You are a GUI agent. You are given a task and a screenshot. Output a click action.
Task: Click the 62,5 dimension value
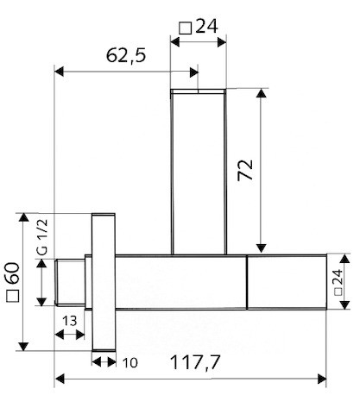126,55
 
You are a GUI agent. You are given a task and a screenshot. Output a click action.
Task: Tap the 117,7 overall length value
195,362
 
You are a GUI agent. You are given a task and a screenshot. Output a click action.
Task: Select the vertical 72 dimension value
245,170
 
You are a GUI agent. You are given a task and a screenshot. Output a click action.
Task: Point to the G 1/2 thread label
42,237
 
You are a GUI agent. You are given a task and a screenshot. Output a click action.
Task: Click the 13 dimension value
69,321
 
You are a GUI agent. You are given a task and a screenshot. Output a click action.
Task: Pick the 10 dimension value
130,363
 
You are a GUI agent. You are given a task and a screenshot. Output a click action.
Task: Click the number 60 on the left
13,273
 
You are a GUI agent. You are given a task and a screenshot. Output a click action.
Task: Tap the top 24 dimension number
206,26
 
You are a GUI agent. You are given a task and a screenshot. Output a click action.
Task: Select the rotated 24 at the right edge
338,277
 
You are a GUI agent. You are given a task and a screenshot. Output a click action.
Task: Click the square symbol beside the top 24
186,28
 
